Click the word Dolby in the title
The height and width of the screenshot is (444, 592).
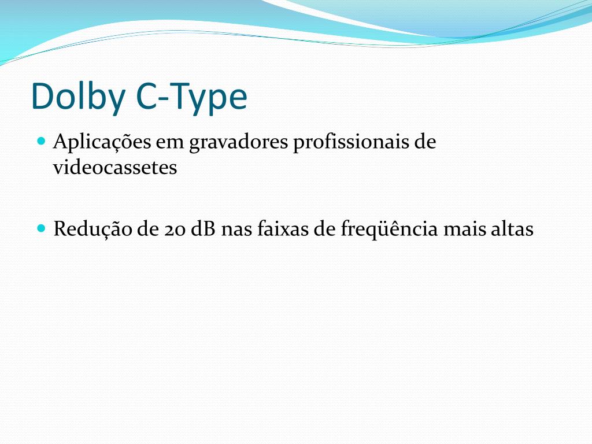78,97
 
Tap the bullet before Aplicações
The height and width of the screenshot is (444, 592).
40,140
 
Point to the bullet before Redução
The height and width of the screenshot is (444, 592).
40,228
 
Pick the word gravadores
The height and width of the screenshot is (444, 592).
238,142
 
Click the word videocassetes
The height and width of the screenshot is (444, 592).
115,168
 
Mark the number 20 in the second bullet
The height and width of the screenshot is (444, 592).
173,230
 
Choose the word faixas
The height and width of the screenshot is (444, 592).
285,230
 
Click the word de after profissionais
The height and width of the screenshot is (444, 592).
425,142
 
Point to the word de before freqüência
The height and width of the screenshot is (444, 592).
324,230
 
